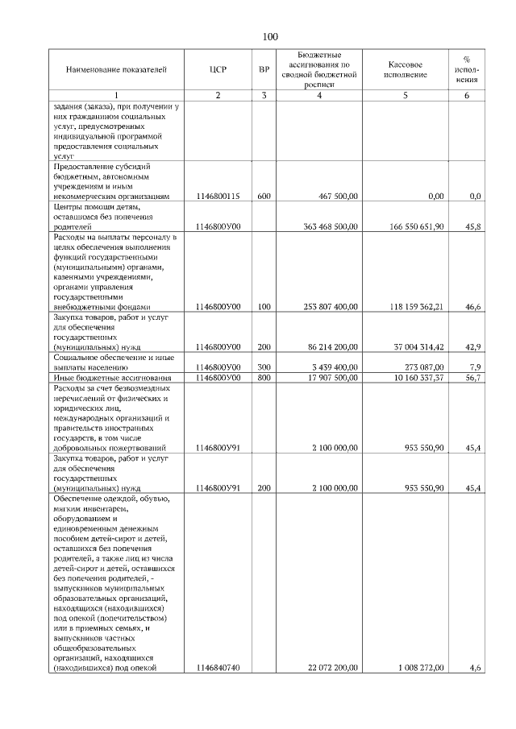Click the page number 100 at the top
tap(269, 36)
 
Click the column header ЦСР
tap(218, 69)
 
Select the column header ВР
tap(264, 69)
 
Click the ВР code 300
tap(264, 367)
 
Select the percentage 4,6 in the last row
tap(476, 668)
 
